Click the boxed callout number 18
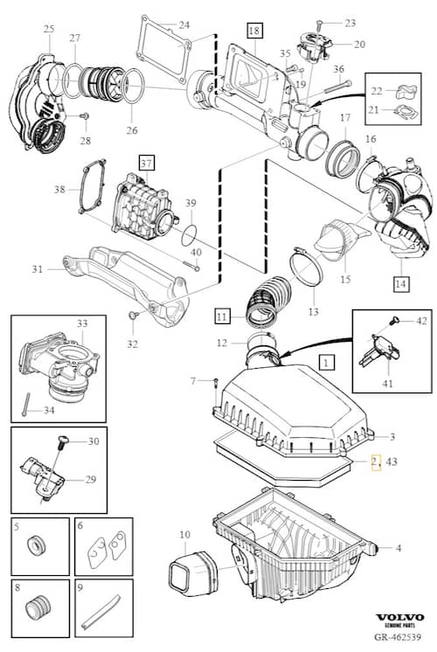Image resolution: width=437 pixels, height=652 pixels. (x=254, y=31)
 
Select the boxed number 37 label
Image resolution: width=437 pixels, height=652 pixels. (x=146, y=163)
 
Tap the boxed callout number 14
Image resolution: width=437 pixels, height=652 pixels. (x=400, y=283)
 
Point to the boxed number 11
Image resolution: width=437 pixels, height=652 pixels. (x=222, y=316)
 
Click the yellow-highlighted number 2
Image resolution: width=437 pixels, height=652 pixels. (x=376, y=461)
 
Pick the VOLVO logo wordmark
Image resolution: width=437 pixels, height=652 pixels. (x=400, y=618)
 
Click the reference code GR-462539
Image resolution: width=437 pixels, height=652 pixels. (x=398, y=636)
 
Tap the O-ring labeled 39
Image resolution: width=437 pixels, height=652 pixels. (x=189, y=236)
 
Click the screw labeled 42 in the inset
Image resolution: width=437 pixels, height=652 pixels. (x=394, y=321)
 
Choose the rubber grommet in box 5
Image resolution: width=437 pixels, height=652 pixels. (x=36, y=545)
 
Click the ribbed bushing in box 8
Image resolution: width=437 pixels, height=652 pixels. (x=38, y=609)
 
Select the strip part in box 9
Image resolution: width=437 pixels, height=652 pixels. (x=102, y=611)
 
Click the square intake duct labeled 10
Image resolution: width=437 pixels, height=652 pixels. (x=193, y=572)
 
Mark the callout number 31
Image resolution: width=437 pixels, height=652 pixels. (x=38, y=269)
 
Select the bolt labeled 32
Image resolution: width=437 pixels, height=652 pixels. (x=134, y=316)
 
